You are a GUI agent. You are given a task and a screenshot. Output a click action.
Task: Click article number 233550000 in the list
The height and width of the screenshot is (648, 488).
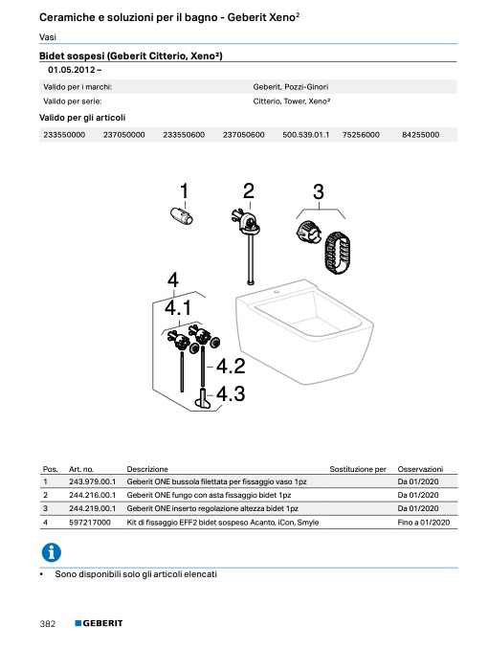pos(64,135)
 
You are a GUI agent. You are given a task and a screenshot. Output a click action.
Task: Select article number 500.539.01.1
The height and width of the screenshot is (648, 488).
pos(306,135)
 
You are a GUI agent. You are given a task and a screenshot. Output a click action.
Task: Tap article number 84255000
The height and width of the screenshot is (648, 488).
pos(421,135)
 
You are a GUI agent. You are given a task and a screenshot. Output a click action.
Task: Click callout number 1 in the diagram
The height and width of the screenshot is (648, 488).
pos(185,190)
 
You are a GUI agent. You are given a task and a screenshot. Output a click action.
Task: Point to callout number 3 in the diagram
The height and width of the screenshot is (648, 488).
pos(319,191)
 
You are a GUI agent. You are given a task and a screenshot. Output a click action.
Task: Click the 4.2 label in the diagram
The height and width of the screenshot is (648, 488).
pos(231,367)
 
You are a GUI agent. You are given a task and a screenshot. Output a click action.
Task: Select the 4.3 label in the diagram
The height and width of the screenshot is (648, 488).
pos(231,393)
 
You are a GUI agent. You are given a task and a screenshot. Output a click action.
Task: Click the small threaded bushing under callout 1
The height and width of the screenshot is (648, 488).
pos(182,215)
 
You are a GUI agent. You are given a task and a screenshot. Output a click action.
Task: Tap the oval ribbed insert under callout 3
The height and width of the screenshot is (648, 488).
pos(337,254)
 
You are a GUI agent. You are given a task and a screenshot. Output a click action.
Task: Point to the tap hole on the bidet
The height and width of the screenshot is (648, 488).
pos(276,293)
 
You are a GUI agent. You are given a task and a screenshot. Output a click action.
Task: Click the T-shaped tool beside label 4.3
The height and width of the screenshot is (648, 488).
pos(203,399)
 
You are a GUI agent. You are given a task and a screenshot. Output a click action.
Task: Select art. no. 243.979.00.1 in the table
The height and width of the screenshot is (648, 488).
pos(93,481)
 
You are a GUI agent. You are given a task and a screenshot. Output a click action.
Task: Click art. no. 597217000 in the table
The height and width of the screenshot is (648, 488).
pos(90,523)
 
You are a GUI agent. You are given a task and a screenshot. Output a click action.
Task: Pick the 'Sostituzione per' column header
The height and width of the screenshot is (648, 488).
pos(358,469)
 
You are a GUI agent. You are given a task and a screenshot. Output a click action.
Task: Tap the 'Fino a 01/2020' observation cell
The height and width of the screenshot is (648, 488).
pos(424,523)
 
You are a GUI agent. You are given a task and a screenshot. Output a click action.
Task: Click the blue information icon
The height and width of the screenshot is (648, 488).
pos(52,552)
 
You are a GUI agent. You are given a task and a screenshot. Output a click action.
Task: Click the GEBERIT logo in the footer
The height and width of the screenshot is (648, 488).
pos(99,623)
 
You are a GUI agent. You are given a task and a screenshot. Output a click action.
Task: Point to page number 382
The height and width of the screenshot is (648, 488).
pos(48,624)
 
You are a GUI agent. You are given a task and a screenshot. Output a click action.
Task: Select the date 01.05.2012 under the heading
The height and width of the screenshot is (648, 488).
pos(72,70)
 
